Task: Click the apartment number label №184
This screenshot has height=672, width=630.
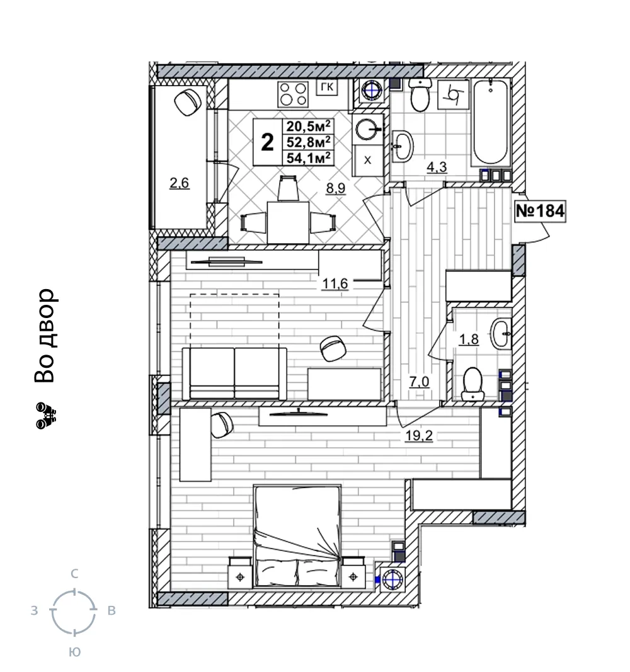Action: [x=540, y=211]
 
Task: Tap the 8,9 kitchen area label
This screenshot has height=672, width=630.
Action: [x=336, y=188]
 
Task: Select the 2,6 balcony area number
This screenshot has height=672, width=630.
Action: [x=179, y=183]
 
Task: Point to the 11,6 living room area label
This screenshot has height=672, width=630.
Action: [x=335, y=283]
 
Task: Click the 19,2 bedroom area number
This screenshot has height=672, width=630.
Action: [x=419, y=435]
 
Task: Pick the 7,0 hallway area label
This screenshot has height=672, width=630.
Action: [x=419, y=382]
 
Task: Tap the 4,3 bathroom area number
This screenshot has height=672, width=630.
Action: [x=437, y=167]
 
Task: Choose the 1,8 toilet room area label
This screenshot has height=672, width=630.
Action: [x=469, y=339]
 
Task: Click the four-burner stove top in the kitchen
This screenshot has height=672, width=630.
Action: [x=293, y=94]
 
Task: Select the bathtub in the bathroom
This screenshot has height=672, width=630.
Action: [x=491, y=122]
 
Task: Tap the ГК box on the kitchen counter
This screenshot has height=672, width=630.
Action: [x=327, y=88]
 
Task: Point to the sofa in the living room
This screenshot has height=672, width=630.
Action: [x=234, y=373]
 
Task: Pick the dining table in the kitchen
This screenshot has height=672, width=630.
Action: [x=288, y=222]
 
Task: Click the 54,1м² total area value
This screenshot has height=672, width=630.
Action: [x=309, y=157]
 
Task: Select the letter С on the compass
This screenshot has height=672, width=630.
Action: [x=74, y=574]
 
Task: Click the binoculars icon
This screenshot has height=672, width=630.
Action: [x=46, y=415]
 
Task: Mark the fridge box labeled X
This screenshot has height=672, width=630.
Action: [x=368, y=161]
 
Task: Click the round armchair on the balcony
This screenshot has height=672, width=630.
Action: [x=188, y=102]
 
